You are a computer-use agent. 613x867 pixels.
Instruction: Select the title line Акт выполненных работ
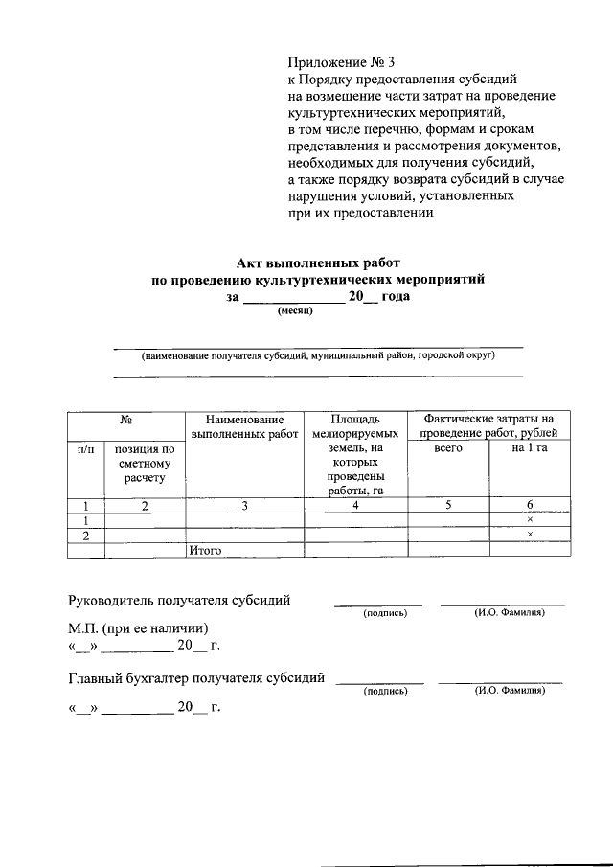(x=317, y=262)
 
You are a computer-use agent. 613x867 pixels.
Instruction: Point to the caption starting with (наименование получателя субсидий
(x=318, y=355)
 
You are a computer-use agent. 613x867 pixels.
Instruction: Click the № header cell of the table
(x=125, y=420)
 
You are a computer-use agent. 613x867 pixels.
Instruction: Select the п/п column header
(x=85, y=448)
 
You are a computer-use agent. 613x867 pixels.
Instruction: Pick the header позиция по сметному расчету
(x=144, y=463)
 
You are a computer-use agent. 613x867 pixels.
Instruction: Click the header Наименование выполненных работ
(x=245, y=427)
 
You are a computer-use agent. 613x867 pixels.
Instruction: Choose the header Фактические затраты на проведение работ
(x=489, y=426)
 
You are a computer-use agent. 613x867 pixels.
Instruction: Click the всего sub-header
(x=448, y=448)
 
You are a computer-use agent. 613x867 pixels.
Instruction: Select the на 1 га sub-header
(x=529, y=448)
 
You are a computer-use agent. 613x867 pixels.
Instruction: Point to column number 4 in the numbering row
(x=355, y=506)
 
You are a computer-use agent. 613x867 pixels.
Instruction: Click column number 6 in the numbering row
(x=529, y=506)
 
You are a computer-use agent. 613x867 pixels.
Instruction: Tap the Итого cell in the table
(x=206, y=550)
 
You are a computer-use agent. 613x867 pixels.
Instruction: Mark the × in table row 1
(x=529, y=519)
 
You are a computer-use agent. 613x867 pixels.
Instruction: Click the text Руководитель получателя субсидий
(x=180, y=601)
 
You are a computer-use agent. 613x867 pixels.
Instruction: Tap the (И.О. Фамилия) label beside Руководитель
(x=509, y=612)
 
